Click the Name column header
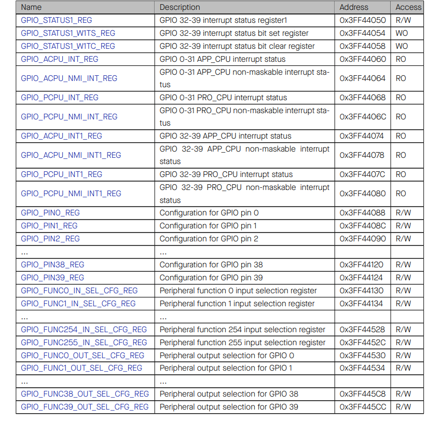point(31,7)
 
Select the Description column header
point(180,7)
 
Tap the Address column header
point(354,7)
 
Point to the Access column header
point(408,7)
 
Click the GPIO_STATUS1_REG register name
point(57,20)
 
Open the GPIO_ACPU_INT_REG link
point(59,59)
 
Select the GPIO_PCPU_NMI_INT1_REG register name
point(71,194)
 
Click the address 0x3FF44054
point(363,33)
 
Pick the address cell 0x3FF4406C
point(363,117)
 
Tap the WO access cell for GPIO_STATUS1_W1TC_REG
point(402,46)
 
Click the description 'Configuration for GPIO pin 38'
point(211,265)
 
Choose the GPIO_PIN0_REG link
point(50,213)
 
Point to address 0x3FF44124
point(363,278)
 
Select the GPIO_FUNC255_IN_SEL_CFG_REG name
point(84,343)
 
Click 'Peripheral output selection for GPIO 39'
point(229,407)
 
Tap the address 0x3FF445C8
point(363,394)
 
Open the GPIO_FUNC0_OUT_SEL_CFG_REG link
point(82,356)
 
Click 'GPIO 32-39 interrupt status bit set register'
point(234,33)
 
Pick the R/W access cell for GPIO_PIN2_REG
point(403,239)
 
